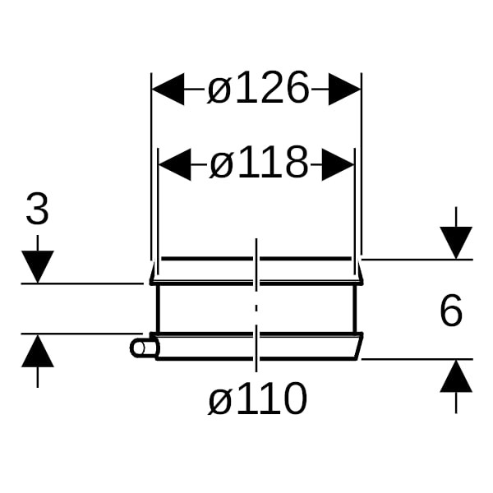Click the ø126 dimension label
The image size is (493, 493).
258,89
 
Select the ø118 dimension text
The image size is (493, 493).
258,164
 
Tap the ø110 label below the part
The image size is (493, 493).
257,399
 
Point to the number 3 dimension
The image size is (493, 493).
37,210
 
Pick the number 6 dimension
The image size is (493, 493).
450,311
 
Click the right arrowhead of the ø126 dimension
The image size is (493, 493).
345,89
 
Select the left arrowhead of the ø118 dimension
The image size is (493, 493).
174,164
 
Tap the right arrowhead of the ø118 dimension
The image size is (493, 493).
338,164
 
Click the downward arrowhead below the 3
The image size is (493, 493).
37,267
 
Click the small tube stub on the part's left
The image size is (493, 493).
143,348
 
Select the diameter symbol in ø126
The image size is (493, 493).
219,90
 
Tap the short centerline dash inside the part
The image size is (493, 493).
256,308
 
